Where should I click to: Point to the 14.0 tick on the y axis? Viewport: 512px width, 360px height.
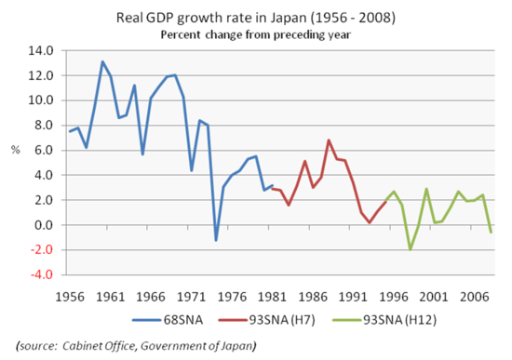43,50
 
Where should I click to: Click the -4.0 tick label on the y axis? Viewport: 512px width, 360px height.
43,274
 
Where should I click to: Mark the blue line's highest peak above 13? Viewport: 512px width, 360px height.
102,61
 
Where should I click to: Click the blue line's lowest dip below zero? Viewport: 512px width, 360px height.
216,240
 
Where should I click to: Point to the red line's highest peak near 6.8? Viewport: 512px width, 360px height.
329,140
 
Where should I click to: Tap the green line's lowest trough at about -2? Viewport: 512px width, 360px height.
410,249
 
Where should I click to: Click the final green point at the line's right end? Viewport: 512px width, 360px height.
492,232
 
